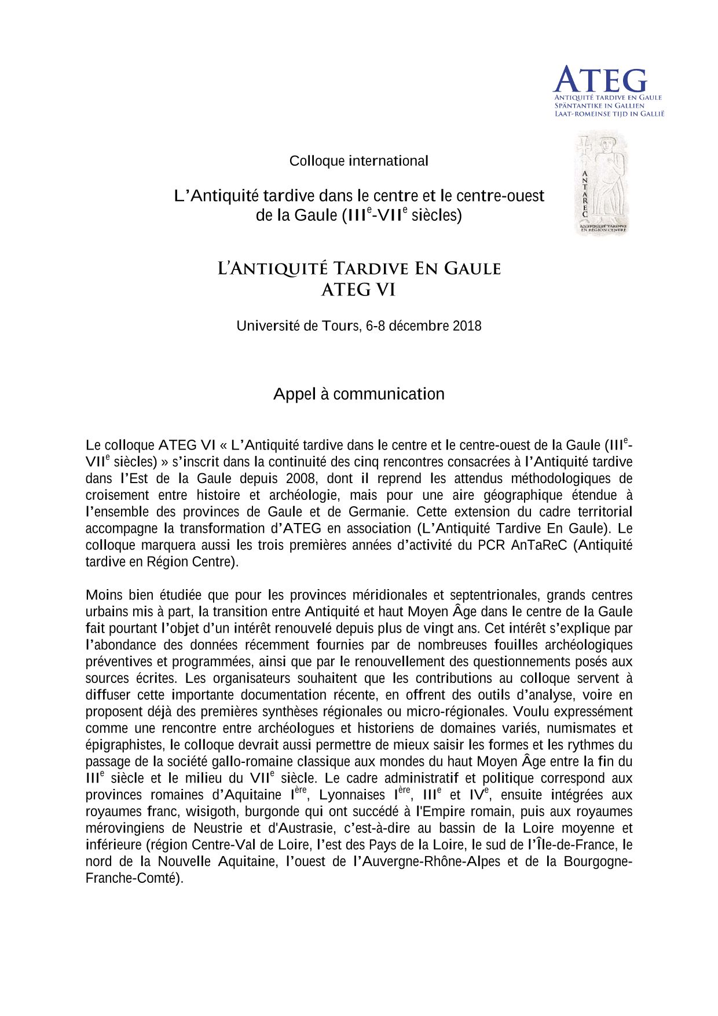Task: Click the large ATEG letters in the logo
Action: pos(600,80)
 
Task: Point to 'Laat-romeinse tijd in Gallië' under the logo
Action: pos(609,114)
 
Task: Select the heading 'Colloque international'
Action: pos(358,161)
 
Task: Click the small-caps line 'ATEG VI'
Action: pos(358,290)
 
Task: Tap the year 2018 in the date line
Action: pos(467,326)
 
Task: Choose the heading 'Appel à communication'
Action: pos(358,394)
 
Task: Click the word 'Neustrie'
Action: pos(219,828)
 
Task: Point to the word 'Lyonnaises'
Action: pos(351,795)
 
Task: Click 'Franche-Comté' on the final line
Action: pos(134,878)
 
